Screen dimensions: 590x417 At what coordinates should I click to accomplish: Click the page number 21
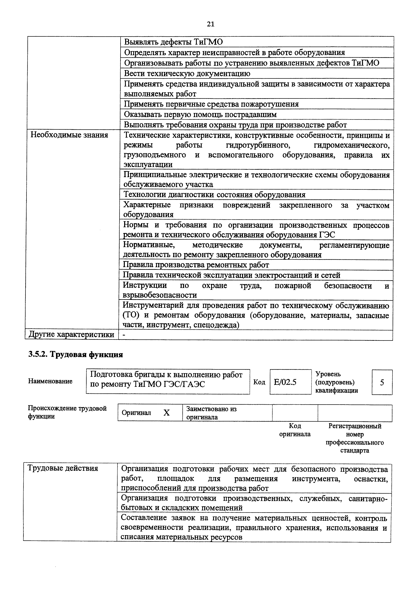tap(210, 24)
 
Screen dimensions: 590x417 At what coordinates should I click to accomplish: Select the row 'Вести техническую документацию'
tap(187, 73)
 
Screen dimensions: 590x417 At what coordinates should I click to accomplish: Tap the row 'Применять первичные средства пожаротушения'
tap(211, 104)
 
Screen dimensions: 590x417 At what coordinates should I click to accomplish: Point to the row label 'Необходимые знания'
tap(69, 135)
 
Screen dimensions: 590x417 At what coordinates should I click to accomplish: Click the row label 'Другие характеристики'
tap(72, 335)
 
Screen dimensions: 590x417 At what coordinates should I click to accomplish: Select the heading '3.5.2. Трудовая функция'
tap(76, 355)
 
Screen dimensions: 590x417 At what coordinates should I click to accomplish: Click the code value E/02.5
tap(285, 382)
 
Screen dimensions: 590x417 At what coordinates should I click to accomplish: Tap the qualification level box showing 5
tap(382, 382)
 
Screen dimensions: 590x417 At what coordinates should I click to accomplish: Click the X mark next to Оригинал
tap(167, 413)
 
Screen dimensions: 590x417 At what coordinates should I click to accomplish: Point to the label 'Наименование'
tap(50, 381)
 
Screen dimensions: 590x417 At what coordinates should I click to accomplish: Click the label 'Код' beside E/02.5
tap(259, 382)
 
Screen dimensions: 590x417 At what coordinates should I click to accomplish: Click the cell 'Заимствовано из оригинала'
tap(211, 413)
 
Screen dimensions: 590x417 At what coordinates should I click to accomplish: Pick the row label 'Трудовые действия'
tap(63, 468)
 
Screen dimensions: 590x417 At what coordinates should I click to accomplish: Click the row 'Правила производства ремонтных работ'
tap(196, 265)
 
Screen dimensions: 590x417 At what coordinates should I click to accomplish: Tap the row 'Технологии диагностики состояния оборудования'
tap(214, 195)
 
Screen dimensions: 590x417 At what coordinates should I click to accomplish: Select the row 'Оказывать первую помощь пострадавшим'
tap(200, 114)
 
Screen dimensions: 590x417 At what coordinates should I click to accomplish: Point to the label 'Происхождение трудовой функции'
tap(67, 412)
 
